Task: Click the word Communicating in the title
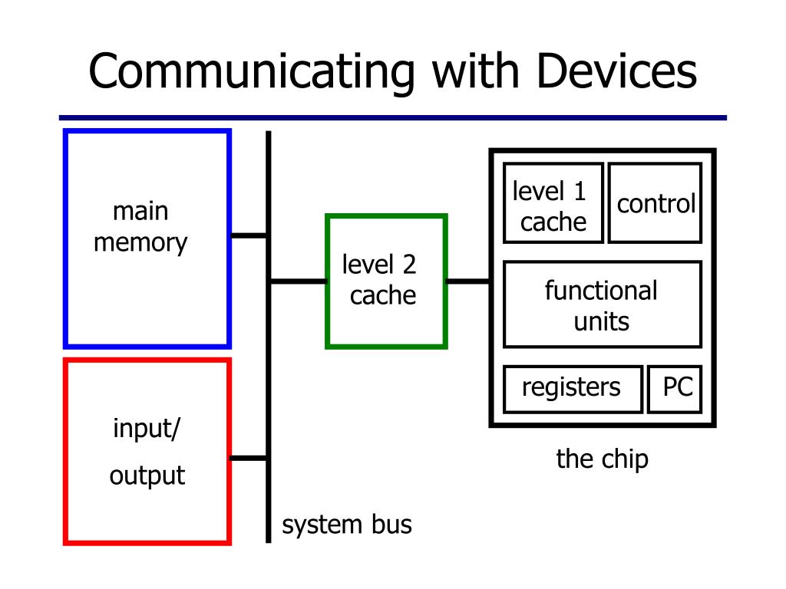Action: pos(252,72)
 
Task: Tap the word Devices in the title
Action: pos(616,71)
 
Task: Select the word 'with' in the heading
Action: pos(475,71)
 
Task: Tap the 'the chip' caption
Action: pos(602,459)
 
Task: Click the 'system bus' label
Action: pos(347,525)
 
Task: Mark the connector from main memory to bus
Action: pos(249,235)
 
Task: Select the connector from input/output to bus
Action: pos(249,458)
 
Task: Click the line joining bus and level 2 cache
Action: pos(299,281)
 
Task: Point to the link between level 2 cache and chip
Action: pos(467,281)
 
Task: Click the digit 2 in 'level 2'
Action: pos(409,265)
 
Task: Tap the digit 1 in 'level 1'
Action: pos(580,192)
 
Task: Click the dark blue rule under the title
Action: pos(392,117)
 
